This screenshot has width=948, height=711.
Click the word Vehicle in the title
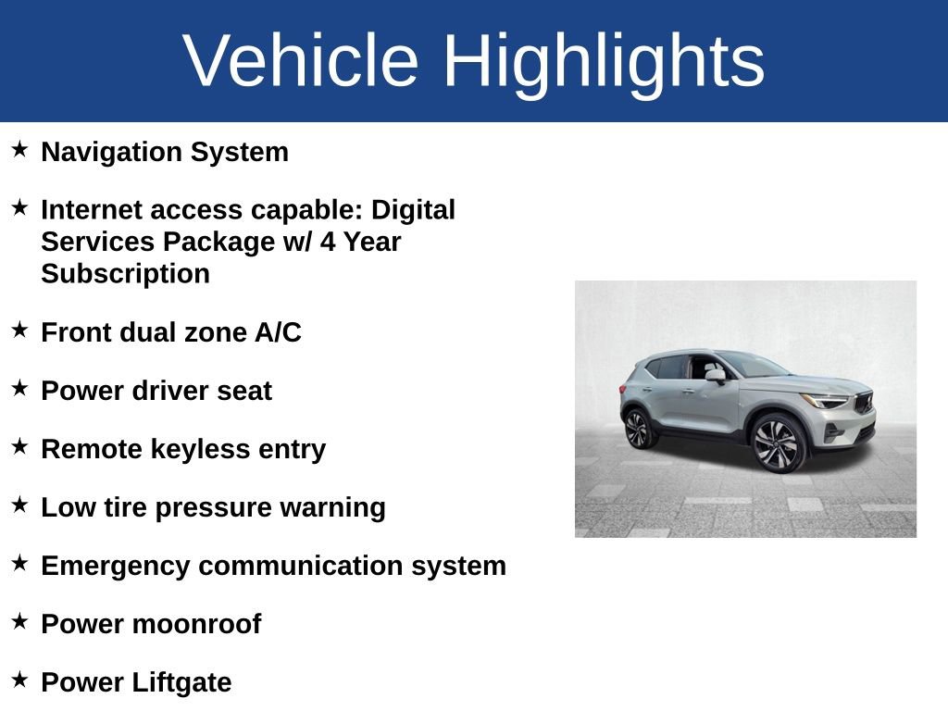301,60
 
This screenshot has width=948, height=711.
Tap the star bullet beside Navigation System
19,149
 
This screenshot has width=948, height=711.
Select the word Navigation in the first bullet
111,153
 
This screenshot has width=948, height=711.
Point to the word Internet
91,210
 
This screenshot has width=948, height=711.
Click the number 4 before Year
328,242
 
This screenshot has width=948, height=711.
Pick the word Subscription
125,274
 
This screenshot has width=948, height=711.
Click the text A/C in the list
278,332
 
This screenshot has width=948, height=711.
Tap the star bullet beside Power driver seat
19,388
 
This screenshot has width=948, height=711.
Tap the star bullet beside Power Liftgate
19,680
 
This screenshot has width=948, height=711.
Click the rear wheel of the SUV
639,428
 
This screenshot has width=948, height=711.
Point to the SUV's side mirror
716,376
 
